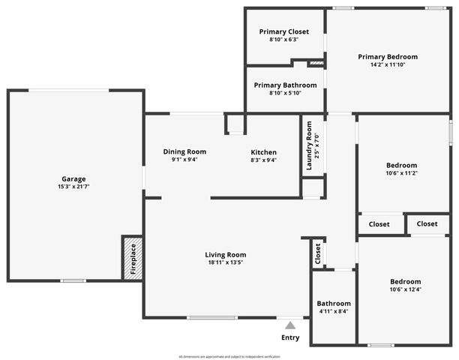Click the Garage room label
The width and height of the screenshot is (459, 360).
pyautogui.click(x=73, y=179)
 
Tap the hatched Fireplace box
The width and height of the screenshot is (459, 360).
pyautogui.click(x=132, y=258)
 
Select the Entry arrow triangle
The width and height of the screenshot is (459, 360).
pyautogui.click(x=290, y=325)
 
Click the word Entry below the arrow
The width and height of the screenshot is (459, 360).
pyautogui.click(x=290, y=337)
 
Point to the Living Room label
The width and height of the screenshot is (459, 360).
pyautogui.click(x=226, y=254)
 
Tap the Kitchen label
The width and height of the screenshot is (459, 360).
pyautogui.click(x=263, y=151)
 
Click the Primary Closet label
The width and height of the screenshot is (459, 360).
pyautogui.click(x=283, y=31)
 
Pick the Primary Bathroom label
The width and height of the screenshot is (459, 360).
pyautogui.click(x=285, y=85)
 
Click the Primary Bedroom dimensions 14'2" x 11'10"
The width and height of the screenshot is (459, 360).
pyautogui.click(x=388, y=65)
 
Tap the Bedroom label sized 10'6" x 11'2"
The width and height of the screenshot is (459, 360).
pyautogui.click(x=403, y=165)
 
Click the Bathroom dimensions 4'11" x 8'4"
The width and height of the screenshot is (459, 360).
pyautogui.click(x=333, y=311)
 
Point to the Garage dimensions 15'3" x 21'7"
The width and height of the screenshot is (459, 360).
pyautogui.click(x=73, y=187)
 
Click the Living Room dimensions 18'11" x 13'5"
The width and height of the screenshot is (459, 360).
pyautogui.click(x=226, y=262)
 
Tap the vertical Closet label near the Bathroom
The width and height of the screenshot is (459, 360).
pyautogui.click(x=318, y=253)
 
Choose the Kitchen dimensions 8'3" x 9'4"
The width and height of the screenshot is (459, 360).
pyautogui.click(x=263, y=160)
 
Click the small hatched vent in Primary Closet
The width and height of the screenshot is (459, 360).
pyautogui.click(x=316, y=63)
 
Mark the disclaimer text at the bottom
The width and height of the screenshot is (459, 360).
pyautogui.click(x=229, y=355)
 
